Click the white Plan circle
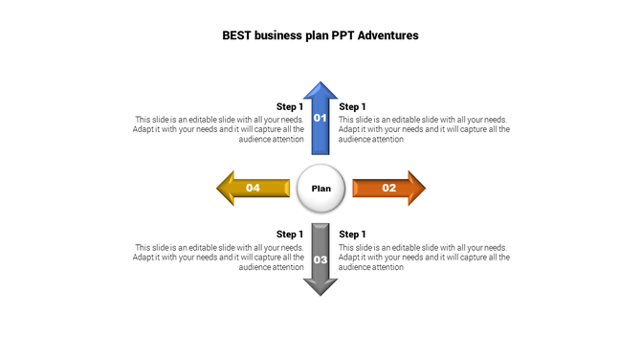(x=321, y=188)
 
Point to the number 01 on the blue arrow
(x=320, y=118)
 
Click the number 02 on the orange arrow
(x=389, y=188)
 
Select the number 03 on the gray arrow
(x=320, y=259)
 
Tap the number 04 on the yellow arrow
(x=253, y=188)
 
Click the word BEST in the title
(x=238, y=34)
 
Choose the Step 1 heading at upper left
(x=289, y=106)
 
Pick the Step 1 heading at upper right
(x=352, y=106)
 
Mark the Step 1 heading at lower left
(x=289, y=234)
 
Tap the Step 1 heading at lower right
(x=352, y=234)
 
